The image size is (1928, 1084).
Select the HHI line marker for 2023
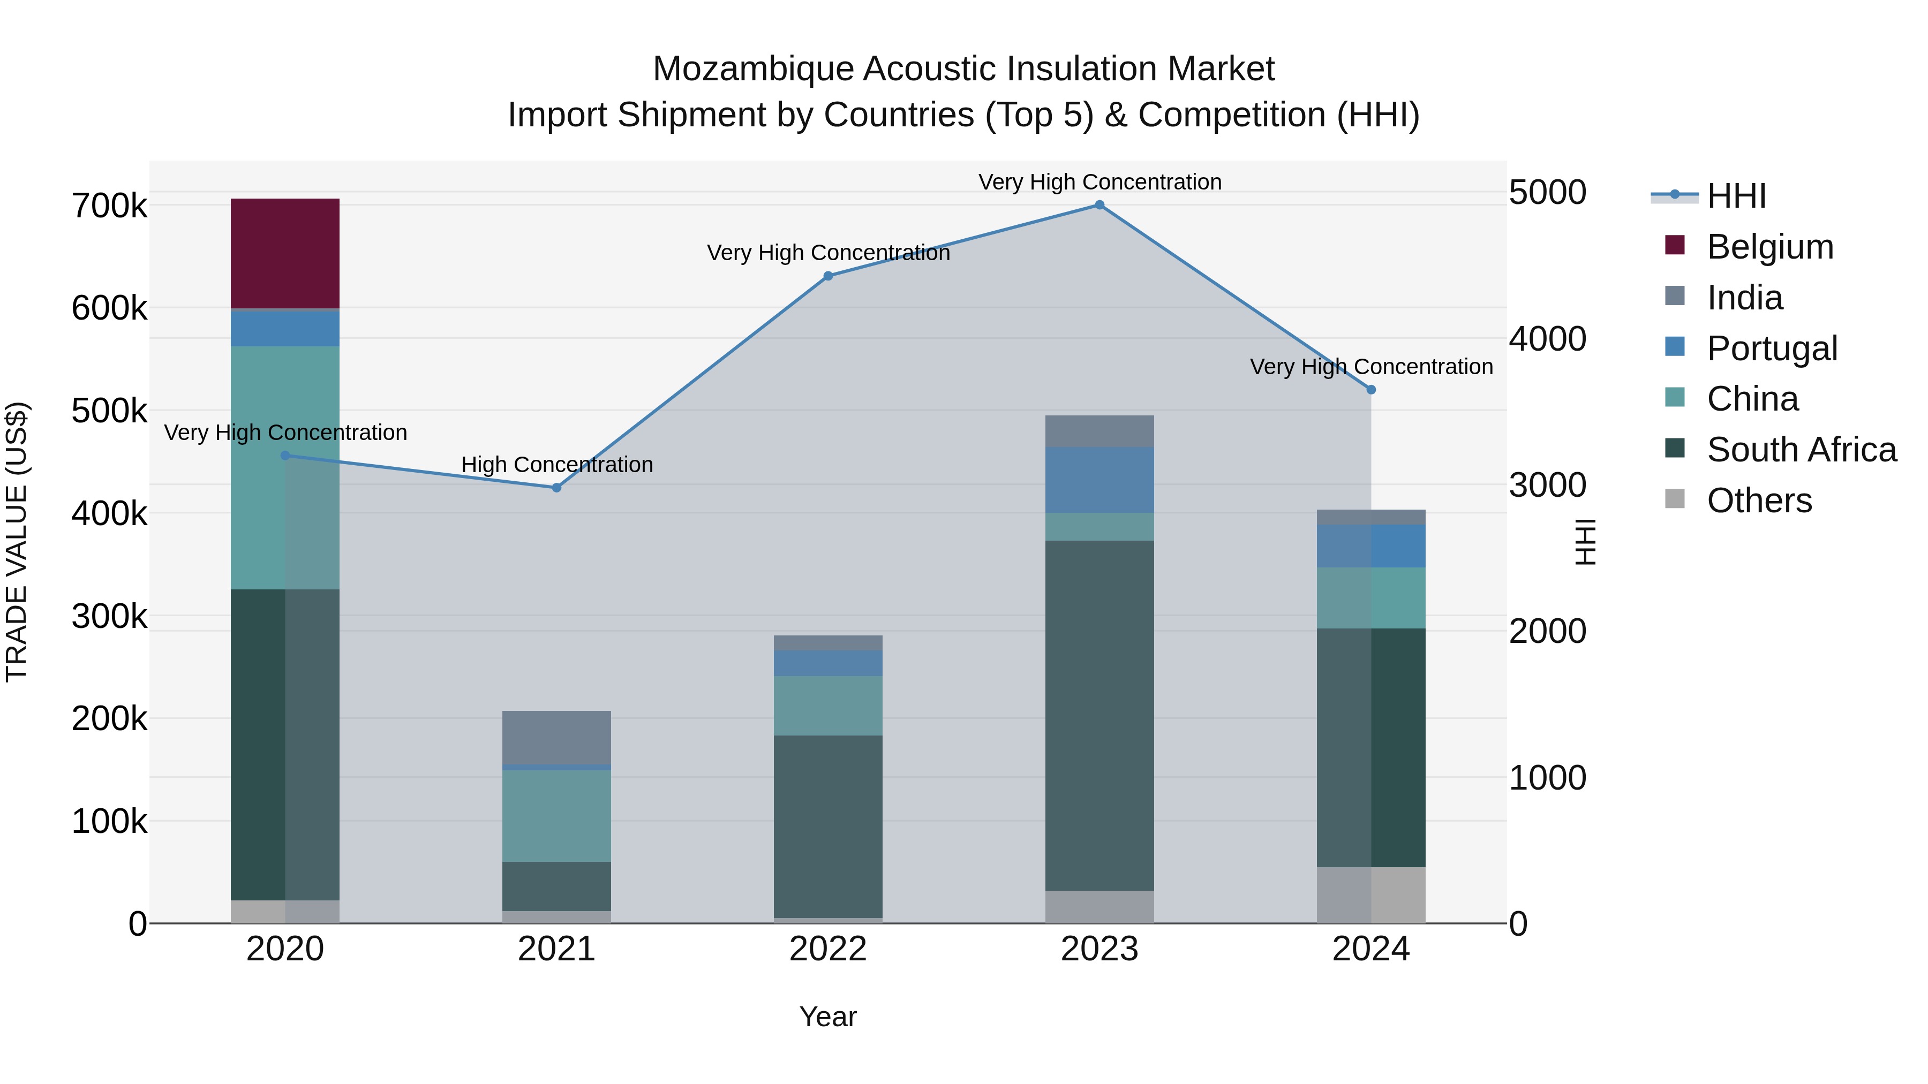coord(1099,205)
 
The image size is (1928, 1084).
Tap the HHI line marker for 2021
coord(556,488)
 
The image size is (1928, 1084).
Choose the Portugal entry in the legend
coord(1772,348)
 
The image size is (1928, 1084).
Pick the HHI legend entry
coord(1736,196)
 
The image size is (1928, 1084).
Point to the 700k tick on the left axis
coord(109,206)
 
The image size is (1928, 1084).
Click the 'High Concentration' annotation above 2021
coord(557,465)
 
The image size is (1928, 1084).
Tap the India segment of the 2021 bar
coord(556,737)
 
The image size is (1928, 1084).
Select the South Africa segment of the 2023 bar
coord(1099,715)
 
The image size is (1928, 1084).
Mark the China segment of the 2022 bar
coord(828,706)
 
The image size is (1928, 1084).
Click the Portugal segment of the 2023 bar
coord(1099,480)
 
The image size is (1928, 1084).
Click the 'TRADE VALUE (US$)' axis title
coord(17,542)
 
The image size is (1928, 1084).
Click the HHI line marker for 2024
coord(1371,390)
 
